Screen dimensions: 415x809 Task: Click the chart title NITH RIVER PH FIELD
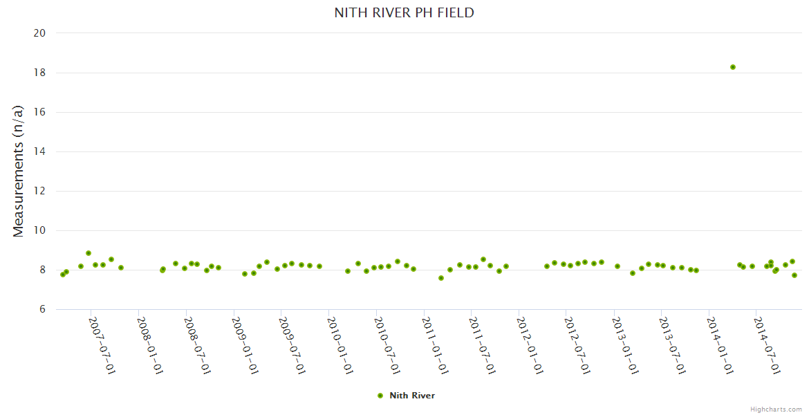point(404,12)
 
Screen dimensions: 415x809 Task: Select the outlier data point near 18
point(733,67)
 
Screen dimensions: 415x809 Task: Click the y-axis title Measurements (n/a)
point(19,171)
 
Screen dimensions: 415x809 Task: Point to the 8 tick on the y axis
point(42,270)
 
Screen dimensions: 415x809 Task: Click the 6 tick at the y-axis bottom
point(42,309)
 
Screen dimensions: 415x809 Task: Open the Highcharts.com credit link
point(777,409)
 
